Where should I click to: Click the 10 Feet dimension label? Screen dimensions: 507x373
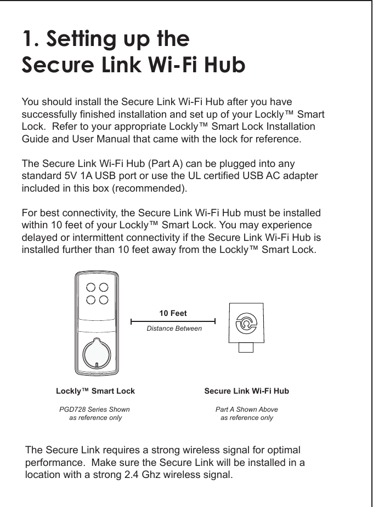click(x=173, y=314)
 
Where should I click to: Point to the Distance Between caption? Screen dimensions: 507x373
click(x=174, y=329)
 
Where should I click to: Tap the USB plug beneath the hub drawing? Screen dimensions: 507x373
click(x=246, y=347)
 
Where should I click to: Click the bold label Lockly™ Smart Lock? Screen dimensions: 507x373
click(x=95, y=391)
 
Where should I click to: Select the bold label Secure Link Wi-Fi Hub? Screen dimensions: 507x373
click(x=246, y=391)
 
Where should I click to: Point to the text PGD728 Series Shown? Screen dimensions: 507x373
click(x=94, y=410)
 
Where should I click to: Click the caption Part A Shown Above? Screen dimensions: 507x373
click(x=246, y=410)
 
